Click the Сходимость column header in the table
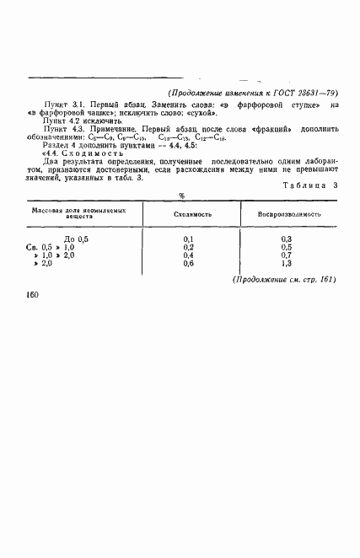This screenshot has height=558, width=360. click(x=192, y=214)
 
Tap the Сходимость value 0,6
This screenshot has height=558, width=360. click(x=189, y=263)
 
